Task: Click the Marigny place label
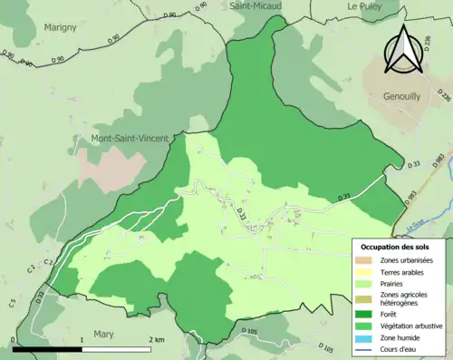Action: (60, 27)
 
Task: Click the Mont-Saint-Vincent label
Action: (129, 139)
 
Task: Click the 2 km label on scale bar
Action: (155, 339)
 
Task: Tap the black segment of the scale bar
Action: (48, 348)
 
